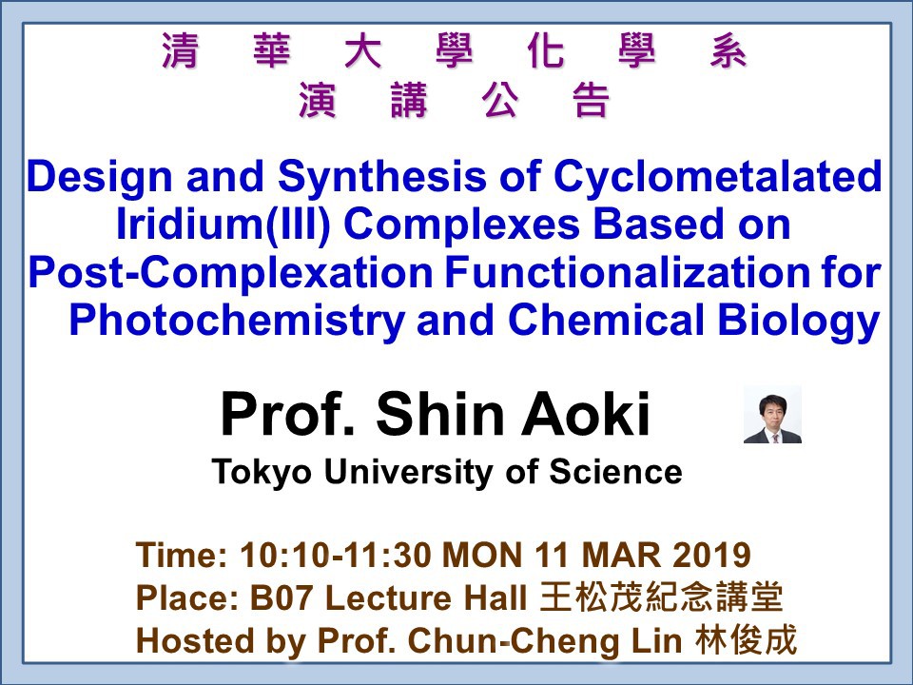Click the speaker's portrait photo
(772, 414)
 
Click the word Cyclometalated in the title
(717, 177)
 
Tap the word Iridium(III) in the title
(223, 225)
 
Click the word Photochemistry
(237, 321)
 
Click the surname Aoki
(585, 414)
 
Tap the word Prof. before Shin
(288, 414)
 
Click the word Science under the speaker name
(615, 471)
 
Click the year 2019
(711, 555)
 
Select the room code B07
(282, 597)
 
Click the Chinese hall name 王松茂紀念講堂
(661, 597)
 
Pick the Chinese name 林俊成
(746, 640)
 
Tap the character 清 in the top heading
(180, 50)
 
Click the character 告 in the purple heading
(592, 99)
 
